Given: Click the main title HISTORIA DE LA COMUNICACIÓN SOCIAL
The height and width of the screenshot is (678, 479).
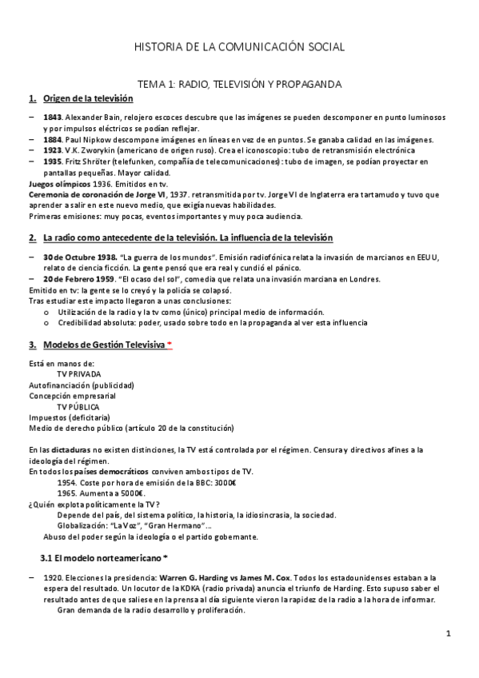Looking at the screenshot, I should point(239,47).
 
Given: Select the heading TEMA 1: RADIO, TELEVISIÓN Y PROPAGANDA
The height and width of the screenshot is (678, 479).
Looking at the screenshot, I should point(239,82).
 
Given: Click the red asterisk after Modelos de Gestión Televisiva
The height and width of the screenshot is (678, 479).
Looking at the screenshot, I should point(170,344).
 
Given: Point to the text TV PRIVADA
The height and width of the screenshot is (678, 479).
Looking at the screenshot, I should point(79,373).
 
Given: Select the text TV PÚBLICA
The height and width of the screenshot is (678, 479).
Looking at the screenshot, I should point(78,406).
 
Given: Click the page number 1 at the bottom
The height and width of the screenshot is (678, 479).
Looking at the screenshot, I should point(449,634).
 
